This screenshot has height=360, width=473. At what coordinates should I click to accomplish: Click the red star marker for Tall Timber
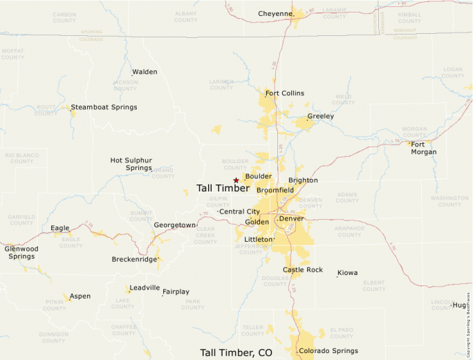coord(236,180)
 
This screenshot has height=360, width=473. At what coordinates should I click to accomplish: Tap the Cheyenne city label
coord(275,13)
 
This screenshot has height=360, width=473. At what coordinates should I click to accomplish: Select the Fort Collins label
coord(284,93)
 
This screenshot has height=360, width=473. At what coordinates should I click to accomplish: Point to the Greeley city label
coord(320,116)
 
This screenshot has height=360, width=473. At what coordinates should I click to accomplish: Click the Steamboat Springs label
coord(104,107)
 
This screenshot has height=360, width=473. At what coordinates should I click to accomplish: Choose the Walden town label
coord(145,72)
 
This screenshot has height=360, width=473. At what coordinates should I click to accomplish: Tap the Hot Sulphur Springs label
coord(131,164)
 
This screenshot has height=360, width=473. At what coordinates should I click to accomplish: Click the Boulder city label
coord(258,176)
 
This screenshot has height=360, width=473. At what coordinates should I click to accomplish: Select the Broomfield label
coord(275,190)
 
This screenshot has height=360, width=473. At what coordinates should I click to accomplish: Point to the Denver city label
coord(291,219)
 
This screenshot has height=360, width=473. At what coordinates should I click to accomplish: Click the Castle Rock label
coord(303,269)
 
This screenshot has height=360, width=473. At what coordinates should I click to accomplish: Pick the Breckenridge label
coord(134,260)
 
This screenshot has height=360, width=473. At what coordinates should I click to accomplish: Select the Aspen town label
coord(80,296)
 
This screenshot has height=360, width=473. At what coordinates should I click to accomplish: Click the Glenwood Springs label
coord(21,252)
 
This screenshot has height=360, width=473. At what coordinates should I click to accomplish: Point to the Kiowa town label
coord(347,273)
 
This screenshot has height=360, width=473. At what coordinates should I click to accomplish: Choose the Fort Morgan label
coord(423,148)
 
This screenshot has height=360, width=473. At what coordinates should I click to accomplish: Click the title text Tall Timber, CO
coord(236,352)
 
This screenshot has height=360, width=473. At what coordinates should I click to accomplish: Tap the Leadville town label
coord(145,288)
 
